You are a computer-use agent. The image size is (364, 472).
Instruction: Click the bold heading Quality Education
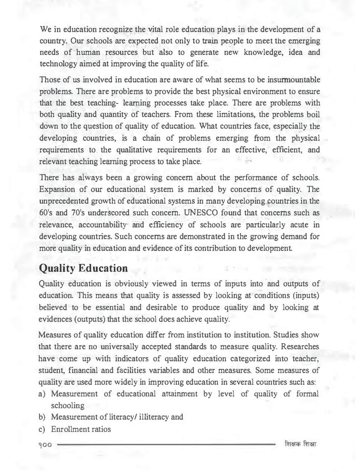pos(84,268)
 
